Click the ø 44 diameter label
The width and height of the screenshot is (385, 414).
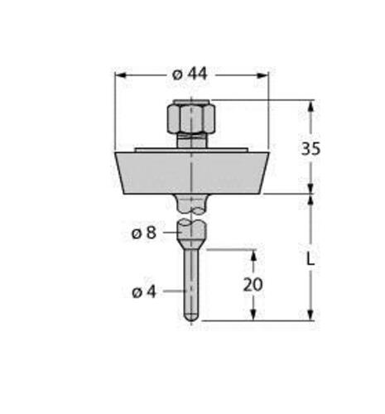[190, 75]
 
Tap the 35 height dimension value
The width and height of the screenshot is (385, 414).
[310, 148]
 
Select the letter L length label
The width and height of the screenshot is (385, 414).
[310, 259]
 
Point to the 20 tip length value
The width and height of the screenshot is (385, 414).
[253, 285]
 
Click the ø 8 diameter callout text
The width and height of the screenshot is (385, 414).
[144, 233]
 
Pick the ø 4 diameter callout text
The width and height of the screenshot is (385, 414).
[144, 291]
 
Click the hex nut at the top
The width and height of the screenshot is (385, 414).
[191, 117]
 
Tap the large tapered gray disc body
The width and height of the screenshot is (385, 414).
[191, 173]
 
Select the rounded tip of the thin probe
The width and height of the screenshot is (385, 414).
[191, 317]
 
